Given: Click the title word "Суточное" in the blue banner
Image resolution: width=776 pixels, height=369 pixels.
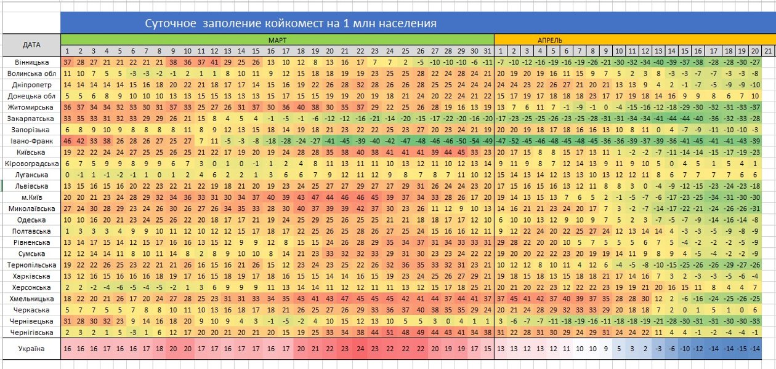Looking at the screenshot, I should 168,24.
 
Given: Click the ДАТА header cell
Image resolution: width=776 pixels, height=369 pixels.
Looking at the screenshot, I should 31,45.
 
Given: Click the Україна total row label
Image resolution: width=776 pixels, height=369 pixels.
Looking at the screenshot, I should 31,349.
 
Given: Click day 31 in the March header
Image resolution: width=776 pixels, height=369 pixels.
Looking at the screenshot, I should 488,50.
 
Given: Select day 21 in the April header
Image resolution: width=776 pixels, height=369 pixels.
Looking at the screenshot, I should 769,50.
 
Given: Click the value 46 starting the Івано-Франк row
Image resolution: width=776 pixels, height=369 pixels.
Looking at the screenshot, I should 67,141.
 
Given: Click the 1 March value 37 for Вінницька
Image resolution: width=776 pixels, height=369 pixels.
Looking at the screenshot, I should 67,63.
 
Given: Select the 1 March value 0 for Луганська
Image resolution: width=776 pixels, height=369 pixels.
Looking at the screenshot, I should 67,175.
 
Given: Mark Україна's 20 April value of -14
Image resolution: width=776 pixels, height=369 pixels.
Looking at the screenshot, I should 756,349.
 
